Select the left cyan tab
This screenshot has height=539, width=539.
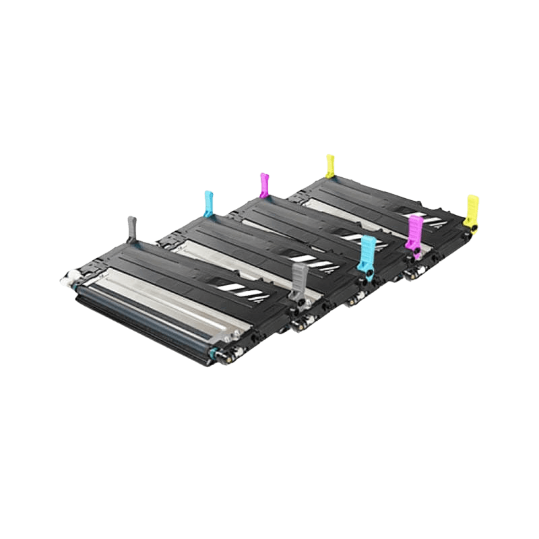[209, 201]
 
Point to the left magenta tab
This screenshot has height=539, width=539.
[264, 183]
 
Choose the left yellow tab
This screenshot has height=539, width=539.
[331, 166]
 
